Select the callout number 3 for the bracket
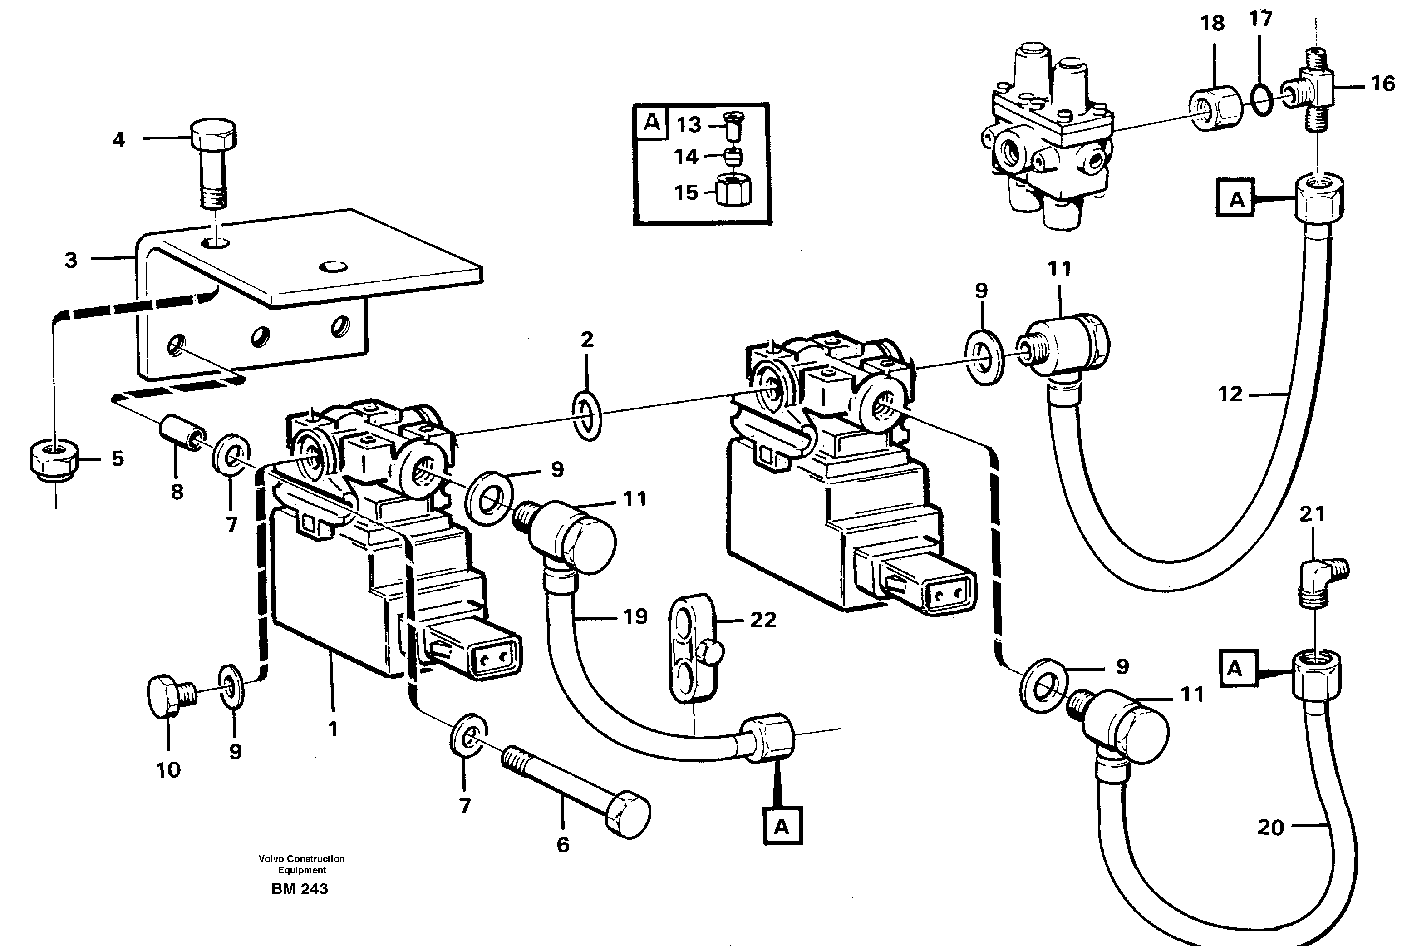point(71,260)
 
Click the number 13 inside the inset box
point(689,125)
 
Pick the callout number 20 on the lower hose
point(1270,827)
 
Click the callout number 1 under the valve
point(332,729)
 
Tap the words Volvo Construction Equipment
point(302,864)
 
